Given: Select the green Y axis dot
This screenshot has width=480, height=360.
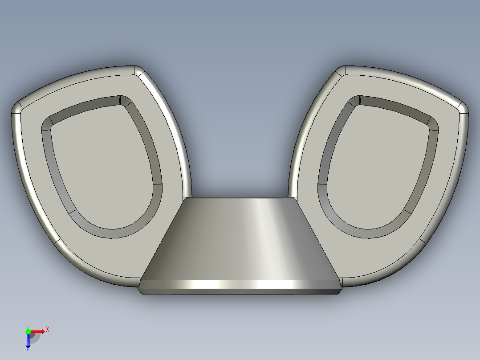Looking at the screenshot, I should click(28, 331).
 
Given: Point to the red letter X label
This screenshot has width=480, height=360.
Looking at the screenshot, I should click(48, 329).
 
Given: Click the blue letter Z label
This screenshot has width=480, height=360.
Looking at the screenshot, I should click(28, 350).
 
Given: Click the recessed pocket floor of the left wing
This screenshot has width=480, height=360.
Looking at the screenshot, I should click(102, 169).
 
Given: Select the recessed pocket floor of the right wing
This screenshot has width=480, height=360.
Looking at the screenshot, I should click(378, 169).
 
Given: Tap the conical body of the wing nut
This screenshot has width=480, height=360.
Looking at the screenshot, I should click(240, 241).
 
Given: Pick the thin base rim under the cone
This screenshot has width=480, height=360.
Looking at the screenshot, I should click(240, 291).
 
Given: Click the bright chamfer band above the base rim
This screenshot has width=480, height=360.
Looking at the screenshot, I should click(240, 284).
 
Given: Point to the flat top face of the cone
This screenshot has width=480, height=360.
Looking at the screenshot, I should click(240, 198).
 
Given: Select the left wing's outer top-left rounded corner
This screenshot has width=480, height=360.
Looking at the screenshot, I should click(16, 108).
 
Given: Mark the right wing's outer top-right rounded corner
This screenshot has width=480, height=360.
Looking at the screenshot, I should click(464, 108).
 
